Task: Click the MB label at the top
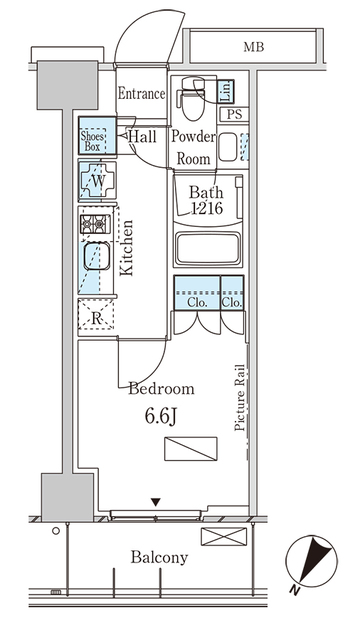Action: (x=255, y=46)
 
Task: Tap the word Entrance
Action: (x=140, y=94)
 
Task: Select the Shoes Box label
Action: (x=93, y=139)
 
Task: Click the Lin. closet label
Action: (x=226, y=93)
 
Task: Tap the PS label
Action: (x=233, y=115)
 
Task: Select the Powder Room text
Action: (x=192, y=146)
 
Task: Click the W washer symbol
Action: (x=97, y=184)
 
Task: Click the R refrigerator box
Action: (x=97, y=318)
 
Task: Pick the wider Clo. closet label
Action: (x=196, y=301)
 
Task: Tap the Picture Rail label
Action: (x=240, y=397)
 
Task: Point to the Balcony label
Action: (x=159, y=558)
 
